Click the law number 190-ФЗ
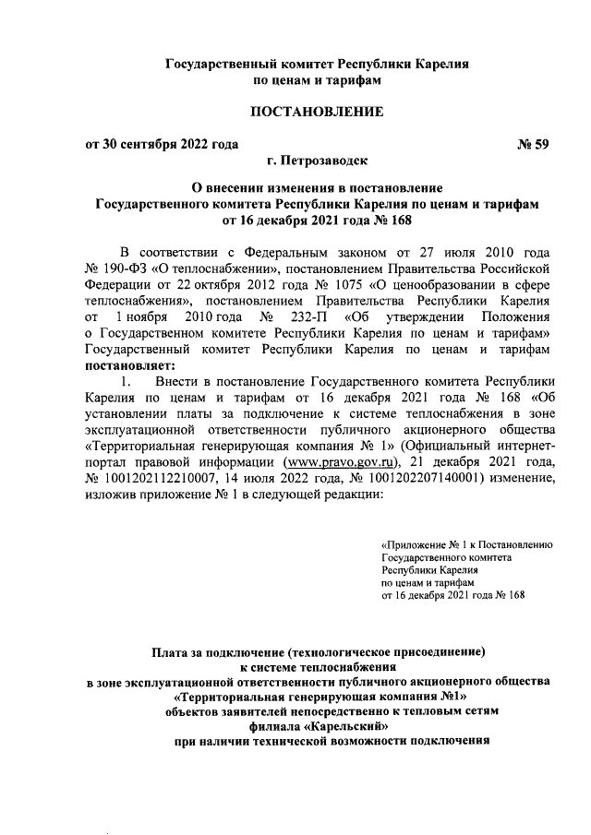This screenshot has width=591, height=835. [x=127, y=268]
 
